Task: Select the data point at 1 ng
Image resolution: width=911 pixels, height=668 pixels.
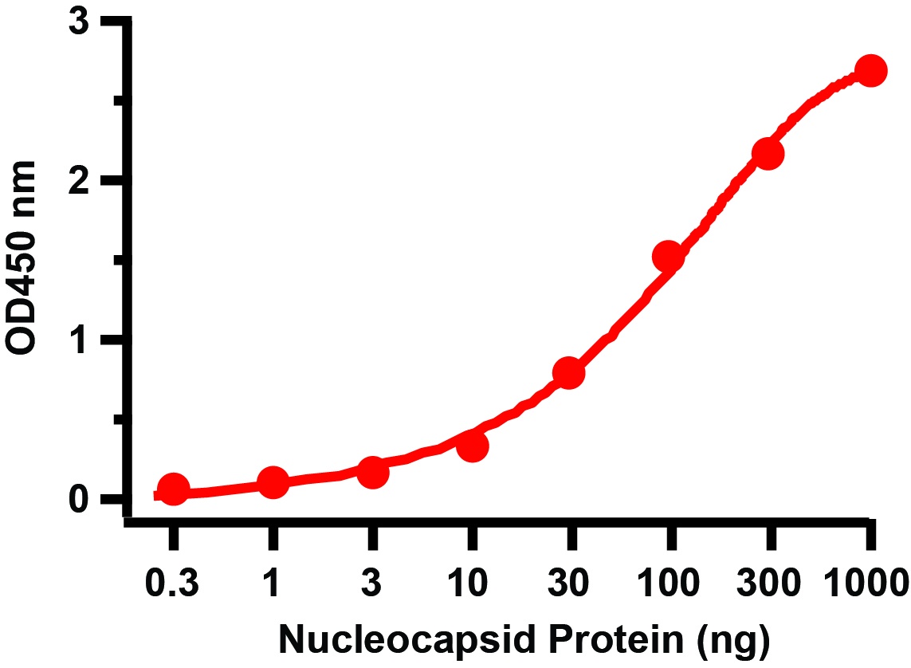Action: pos(273,482)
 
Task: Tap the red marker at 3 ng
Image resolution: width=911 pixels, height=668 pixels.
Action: pos(372,472)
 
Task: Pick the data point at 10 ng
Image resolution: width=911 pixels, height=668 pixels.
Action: pos(473,446)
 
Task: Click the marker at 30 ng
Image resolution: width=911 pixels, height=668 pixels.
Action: pos(569,372)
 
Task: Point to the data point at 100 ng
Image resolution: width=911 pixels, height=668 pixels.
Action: pos(669,256)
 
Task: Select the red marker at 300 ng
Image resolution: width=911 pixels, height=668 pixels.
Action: pos(768,153)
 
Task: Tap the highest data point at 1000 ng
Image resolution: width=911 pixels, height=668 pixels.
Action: pos(870,70)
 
